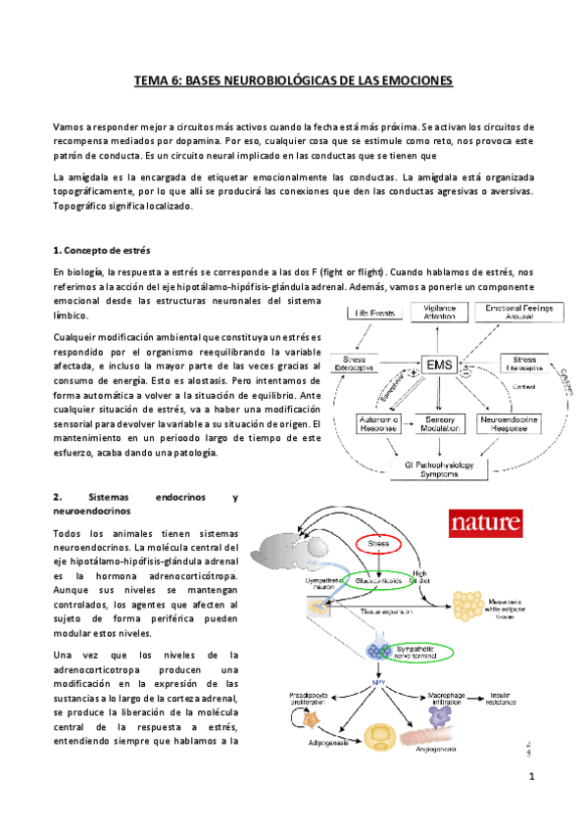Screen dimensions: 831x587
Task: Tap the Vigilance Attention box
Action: tap(439, 314)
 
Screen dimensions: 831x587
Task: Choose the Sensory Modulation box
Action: tap(440, 423)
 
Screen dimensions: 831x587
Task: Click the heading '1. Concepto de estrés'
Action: tap(100, 250)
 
